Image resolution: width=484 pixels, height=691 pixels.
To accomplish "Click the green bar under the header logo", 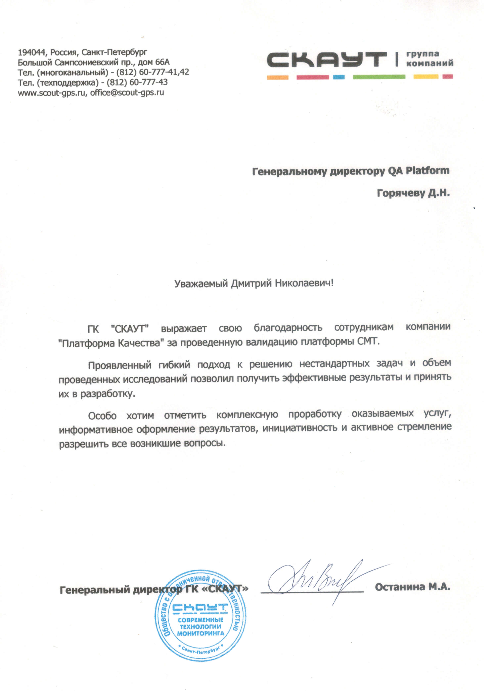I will click(379, 77).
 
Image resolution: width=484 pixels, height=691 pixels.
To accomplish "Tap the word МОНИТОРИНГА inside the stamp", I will click(201, 633).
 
